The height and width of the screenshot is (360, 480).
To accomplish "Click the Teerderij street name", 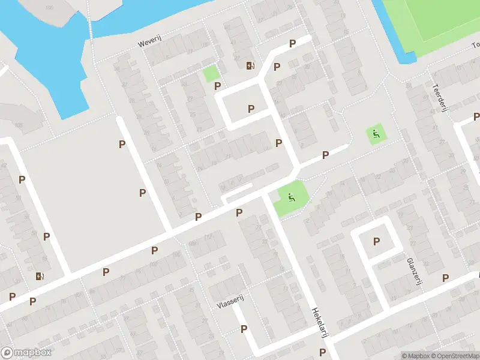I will pos(436,94).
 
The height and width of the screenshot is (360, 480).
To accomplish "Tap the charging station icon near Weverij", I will pos(250,65).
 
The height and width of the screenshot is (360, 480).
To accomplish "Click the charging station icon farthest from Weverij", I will pos(40,277).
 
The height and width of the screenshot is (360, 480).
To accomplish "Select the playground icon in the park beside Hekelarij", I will pos(291,196).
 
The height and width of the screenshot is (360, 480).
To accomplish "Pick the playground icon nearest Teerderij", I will pos(376,134).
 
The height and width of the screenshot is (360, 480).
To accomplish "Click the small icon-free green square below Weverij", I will pos(210,74).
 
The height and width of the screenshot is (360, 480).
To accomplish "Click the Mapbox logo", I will pos(26,353).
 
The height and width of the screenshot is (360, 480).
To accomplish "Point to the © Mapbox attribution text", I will pos(415,356).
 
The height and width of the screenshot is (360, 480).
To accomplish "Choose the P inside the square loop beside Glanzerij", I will pos(377,242).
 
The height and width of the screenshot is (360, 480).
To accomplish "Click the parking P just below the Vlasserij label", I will pos(244,329).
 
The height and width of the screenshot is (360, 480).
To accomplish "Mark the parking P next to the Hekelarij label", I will pos(323,352).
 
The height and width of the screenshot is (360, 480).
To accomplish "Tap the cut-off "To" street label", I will pos(476,45).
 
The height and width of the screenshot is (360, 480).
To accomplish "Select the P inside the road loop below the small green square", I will pos(251,109).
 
